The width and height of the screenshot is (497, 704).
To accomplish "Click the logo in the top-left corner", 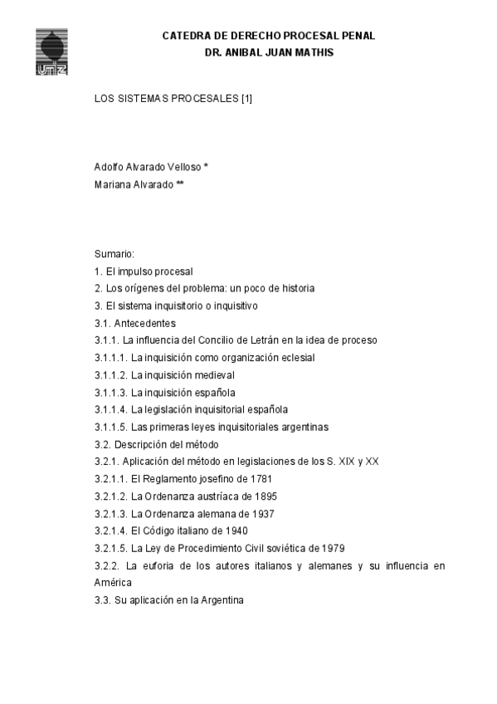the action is coord(52,51).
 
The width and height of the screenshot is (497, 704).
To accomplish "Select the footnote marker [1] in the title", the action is coord(246,99).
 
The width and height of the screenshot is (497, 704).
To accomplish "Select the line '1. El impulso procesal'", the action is coord(144,271).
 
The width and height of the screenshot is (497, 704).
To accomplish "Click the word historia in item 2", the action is coord(294,288).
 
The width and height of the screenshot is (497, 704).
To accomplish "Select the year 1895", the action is coord(266,496).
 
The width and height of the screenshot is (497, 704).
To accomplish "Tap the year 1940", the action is coord(236,531).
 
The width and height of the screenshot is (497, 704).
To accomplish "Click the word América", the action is coord(114,583).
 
